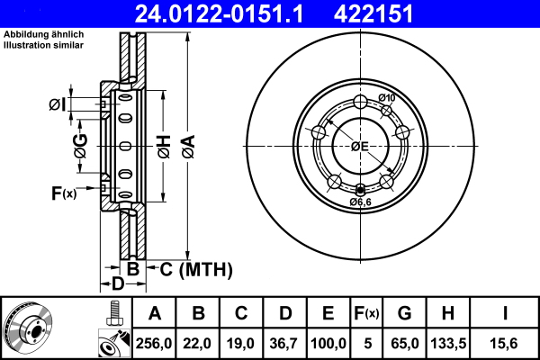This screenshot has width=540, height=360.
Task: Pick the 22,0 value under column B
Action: coord(198,342)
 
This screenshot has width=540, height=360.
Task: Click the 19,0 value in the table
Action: coord(241,342)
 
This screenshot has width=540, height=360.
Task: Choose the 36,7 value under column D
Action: coord(284,342)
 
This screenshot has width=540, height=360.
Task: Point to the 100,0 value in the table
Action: coord(328,342)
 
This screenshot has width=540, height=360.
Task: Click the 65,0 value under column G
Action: coord(405,342)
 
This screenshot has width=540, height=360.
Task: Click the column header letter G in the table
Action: coord(405,314)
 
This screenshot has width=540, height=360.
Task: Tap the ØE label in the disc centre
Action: coord(360,146)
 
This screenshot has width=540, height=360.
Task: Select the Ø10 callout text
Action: coord(387,97)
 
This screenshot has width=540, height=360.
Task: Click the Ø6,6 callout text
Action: coord(361,202)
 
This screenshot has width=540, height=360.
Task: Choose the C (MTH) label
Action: coord(196,269)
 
